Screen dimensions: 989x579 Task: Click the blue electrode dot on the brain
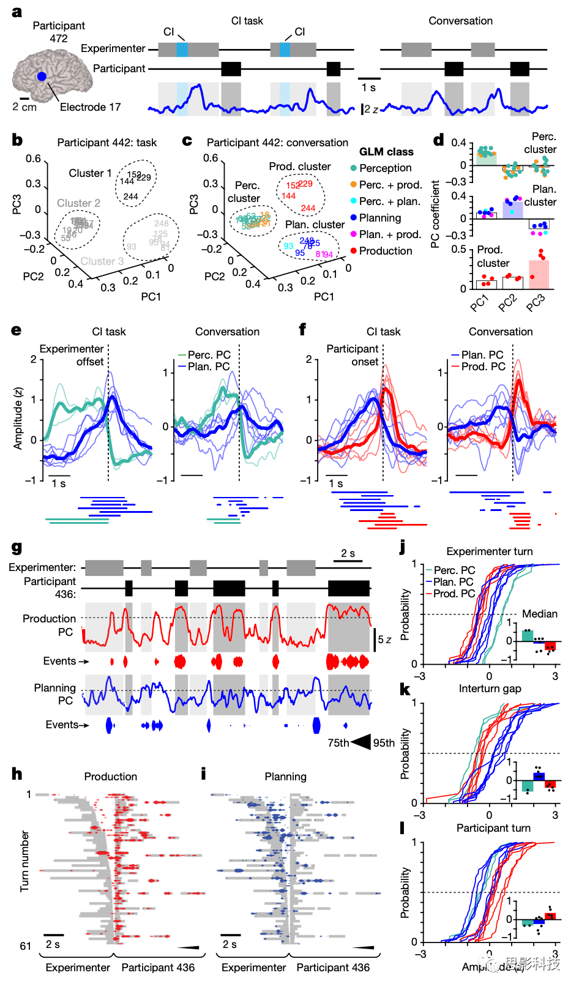[x=41, y=77]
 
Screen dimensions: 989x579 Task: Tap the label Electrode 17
[x=90, y=107]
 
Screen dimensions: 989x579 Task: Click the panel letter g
[x=17, y=548]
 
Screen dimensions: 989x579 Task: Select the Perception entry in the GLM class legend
[x=385, y=168]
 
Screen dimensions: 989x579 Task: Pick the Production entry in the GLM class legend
[x=385, y=251]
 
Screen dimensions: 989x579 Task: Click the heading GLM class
[x=386, y=152]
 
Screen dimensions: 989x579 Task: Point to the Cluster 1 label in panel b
[x=90, y=173]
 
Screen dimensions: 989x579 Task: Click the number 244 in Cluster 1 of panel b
[x=130, y=196]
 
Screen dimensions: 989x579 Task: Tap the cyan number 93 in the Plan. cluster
[x=288, y=246]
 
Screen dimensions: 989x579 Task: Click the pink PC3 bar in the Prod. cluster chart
[x=539, y=274]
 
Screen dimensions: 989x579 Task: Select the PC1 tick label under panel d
[x=480, y=302]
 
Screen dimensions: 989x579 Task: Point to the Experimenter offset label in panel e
[x=72, y=355]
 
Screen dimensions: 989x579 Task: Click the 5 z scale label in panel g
[x=384, y=640]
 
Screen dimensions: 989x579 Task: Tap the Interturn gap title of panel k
[x=490, y=689]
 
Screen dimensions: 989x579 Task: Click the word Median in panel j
[x=539, y=614]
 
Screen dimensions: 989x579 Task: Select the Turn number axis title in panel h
[x=24, y=860]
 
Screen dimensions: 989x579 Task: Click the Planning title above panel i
[x=285, y=777]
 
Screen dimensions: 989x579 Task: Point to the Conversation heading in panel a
[x=460, y=21]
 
